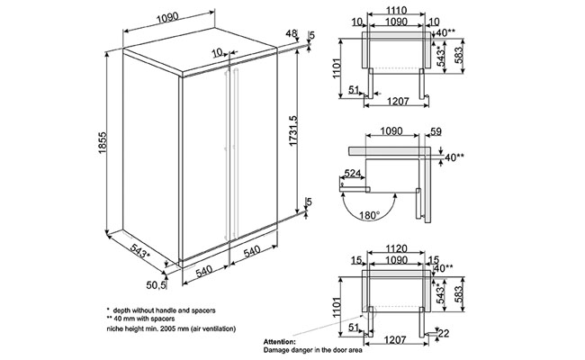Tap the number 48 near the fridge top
[290, 33]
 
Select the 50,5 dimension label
[158, 286]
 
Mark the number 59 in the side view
[436, 131]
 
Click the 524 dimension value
[354, 173]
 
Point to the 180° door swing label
[365, 216]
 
